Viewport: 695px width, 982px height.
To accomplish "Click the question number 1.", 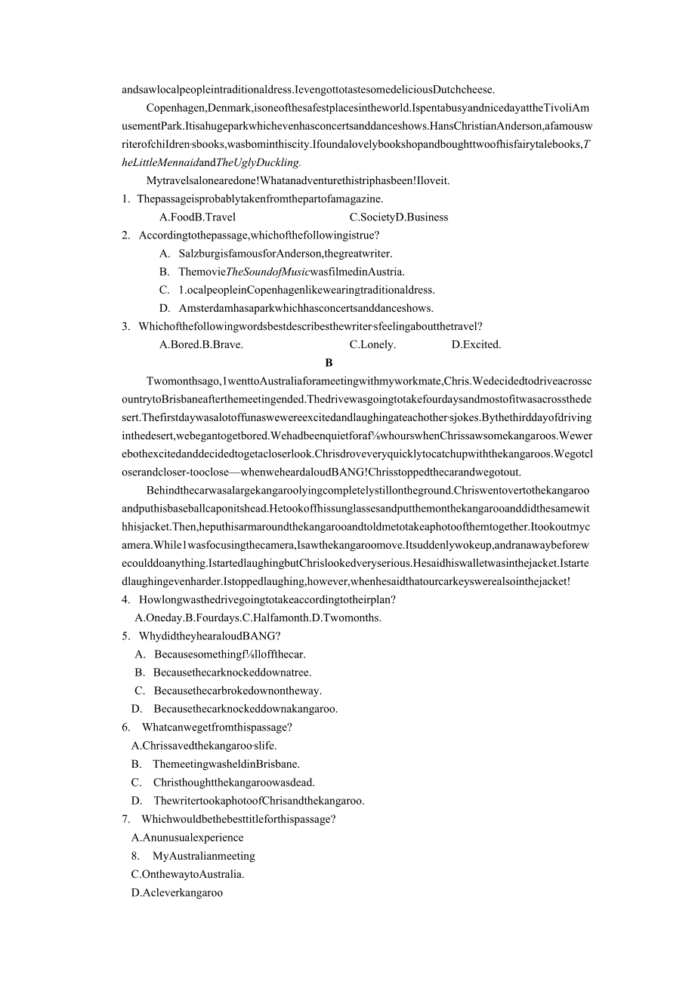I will point(125,199).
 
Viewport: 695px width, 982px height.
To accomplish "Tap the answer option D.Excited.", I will point(476,345).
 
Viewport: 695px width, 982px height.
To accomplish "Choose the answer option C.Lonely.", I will point(372,345).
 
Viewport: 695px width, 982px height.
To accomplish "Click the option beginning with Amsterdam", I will point(306,308).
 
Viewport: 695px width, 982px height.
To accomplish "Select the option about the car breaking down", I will point(237,691).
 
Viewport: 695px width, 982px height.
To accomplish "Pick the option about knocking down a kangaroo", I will point(246,709).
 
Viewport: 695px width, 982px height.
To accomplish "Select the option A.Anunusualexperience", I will point(187,838).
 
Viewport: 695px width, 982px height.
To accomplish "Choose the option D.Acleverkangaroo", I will point(177,893).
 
